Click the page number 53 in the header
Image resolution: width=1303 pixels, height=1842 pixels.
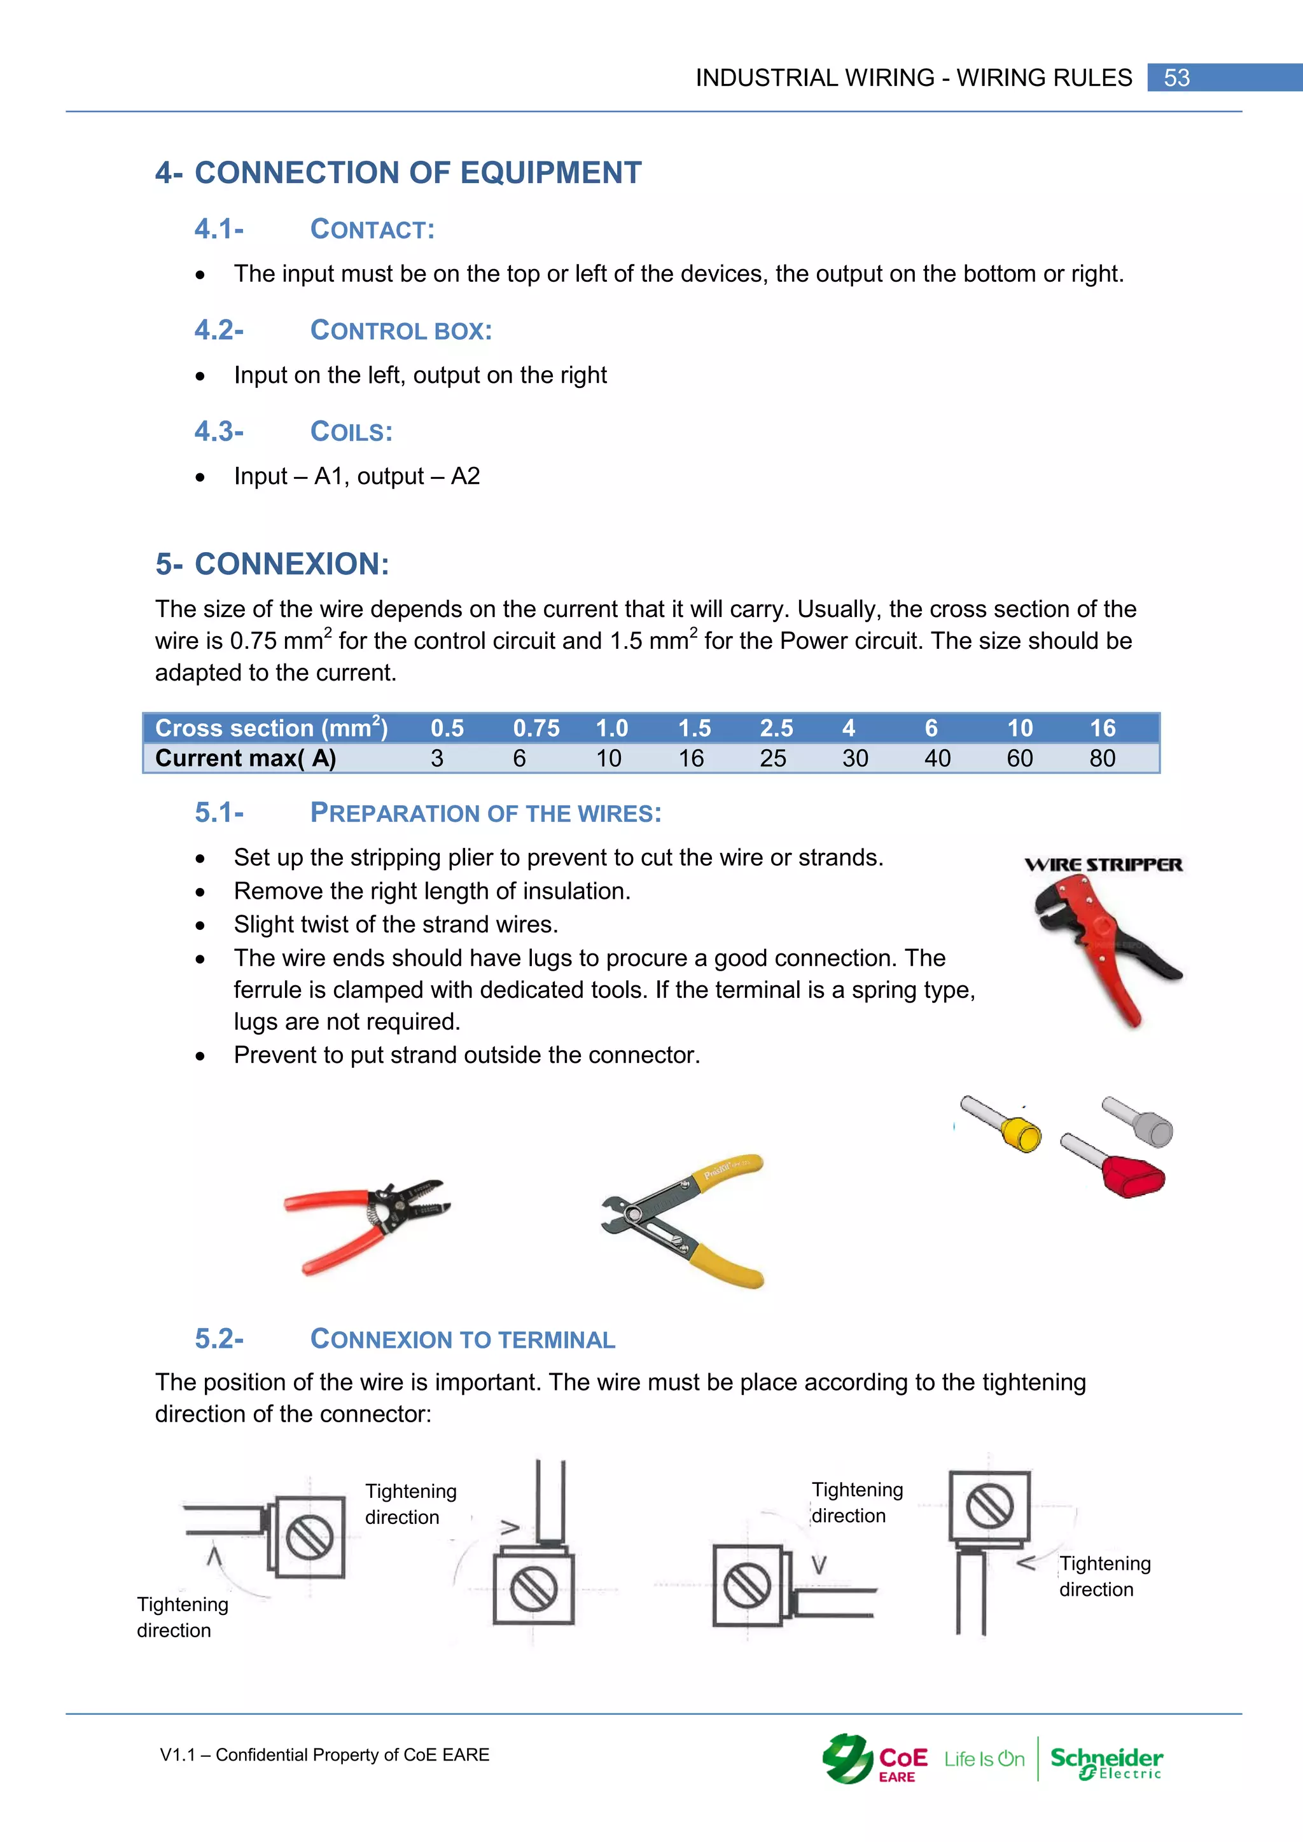point(1176,78)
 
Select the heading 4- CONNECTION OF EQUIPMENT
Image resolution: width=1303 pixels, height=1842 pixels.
point(399,172)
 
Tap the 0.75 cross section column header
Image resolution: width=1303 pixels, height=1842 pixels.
point(536,728)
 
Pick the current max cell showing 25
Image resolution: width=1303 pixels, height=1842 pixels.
point(772,758)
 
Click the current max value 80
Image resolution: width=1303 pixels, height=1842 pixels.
point(1101,758)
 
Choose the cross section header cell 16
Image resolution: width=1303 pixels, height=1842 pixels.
point(1103,728)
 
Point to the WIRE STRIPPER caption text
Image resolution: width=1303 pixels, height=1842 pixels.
point(1103,865)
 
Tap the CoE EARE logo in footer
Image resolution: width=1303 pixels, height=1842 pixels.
point(875,1759)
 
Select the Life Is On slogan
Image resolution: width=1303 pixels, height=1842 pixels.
point(984,1759)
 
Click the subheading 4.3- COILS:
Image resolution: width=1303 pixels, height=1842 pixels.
point(294,432)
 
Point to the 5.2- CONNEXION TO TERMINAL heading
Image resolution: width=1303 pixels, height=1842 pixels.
point(405,1339)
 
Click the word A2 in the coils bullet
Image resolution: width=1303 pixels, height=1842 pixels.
point(465,476)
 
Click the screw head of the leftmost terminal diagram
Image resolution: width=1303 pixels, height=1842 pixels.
point(310,1537)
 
